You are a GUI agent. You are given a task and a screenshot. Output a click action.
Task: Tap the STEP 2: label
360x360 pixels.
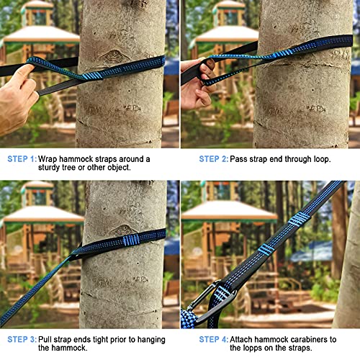[216, 158]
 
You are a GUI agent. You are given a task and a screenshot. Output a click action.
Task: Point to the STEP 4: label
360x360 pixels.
[216, 338]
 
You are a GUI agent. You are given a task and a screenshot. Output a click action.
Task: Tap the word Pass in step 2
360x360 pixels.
[247, 158]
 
